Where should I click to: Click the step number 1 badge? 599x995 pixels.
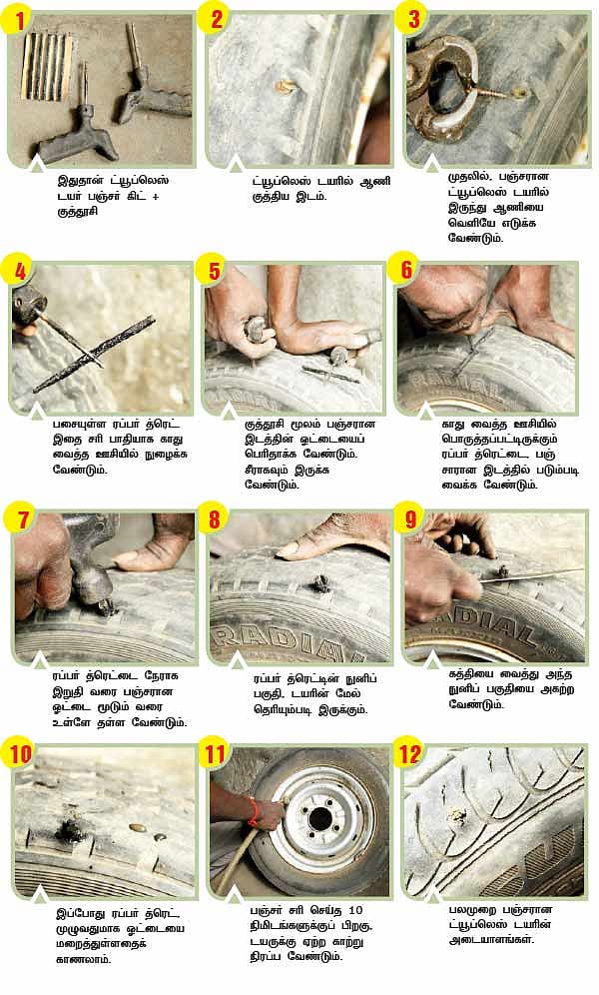(x=20, y=18)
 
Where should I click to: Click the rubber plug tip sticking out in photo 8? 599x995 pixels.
(x=320, y=582)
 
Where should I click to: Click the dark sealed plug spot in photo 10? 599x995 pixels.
(x=69, y=829)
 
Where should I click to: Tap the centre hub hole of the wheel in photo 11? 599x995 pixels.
(x=320, y=819)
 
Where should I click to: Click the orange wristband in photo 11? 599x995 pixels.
(x=253, y=811)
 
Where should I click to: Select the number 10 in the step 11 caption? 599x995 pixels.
(x=355, y=911)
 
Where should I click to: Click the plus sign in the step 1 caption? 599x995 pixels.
(x=155, y=196)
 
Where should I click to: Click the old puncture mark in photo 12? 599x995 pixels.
(x=456, y=815)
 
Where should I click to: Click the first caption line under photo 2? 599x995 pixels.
(x=321, y=181)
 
